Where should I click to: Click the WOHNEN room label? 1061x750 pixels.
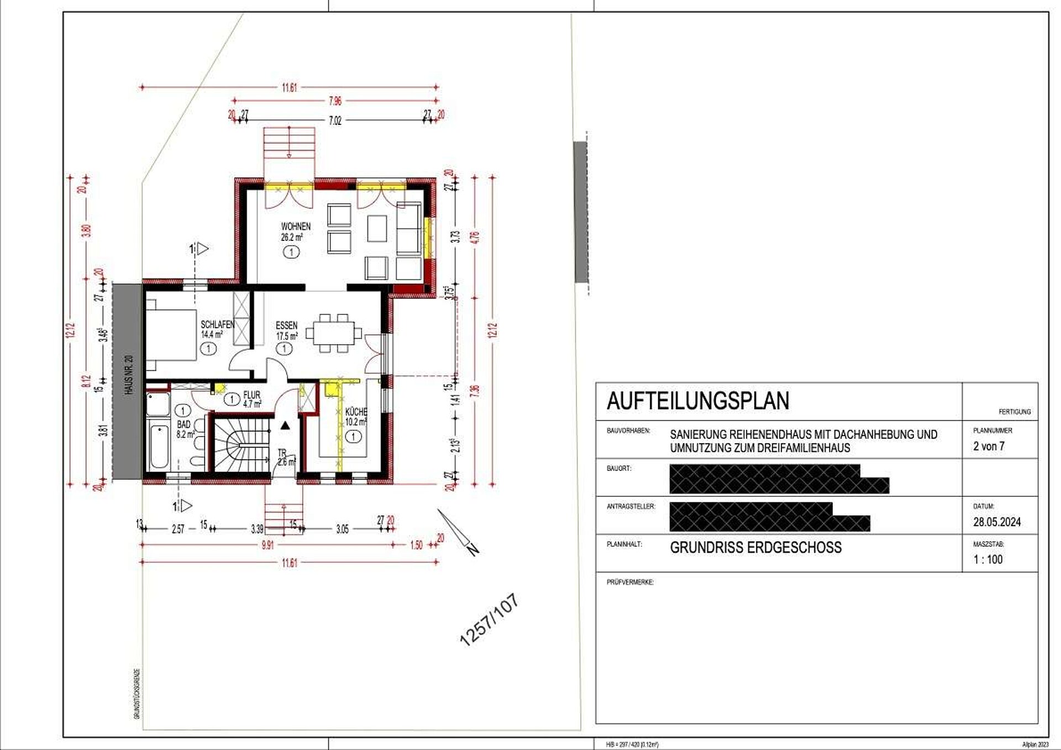295,227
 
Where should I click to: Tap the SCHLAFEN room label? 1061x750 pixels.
217,325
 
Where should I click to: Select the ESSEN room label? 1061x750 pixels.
286,326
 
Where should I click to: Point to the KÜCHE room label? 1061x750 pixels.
356,412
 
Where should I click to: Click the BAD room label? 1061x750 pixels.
183,424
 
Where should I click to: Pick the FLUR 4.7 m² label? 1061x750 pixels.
251,399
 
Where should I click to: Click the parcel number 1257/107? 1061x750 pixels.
489,620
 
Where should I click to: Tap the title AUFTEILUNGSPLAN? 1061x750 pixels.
697,401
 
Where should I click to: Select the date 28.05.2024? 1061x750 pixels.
996,522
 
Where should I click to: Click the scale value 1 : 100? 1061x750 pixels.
988,559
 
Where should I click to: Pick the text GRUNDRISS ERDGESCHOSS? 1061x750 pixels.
755,548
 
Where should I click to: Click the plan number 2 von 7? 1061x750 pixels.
989,446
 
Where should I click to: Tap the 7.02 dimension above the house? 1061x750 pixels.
335,120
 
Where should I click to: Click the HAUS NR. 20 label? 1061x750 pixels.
129,374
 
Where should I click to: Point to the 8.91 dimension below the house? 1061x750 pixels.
267,546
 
